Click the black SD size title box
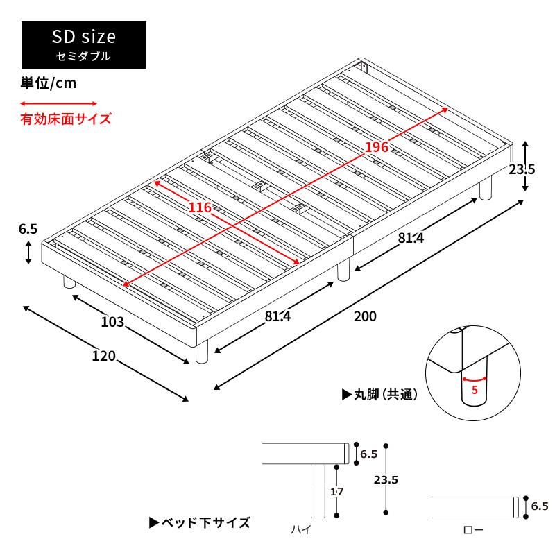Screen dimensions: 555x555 click(84, 45)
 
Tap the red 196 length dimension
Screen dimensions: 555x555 click(377, 146)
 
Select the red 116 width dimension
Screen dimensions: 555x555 click(200, 207)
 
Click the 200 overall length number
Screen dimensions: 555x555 click(366, 316)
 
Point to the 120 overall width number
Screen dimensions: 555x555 click(103, 356)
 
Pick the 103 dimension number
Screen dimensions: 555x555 click(112, 322)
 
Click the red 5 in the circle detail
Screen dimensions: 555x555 click(475, 390)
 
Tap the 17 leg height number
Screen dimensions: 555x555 click(337, 491)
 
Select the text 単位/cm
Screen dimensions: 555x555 click(48, 83)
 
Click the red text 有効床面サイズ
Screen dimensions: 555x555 click(66, 119)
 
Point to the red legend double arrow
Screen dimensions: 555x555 click(58, 103)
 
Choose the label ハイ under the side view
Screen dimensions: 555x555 click(301, 529)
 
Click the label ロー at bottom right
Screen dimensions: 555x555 click(473, 530)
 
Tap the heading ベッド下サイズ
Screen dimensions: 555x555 click(200, 522)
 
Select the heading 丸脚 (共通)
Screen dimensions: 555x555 click(379, 394)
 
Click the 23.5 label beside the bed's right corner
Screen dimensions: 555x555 click(522, 169)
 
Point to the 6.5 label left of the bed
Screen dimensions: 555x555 click(28, 229)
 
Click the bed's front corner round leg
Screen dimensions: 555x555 click(202, 352)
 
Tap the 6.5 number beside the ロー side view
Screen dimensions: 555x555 click(540, 506)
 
